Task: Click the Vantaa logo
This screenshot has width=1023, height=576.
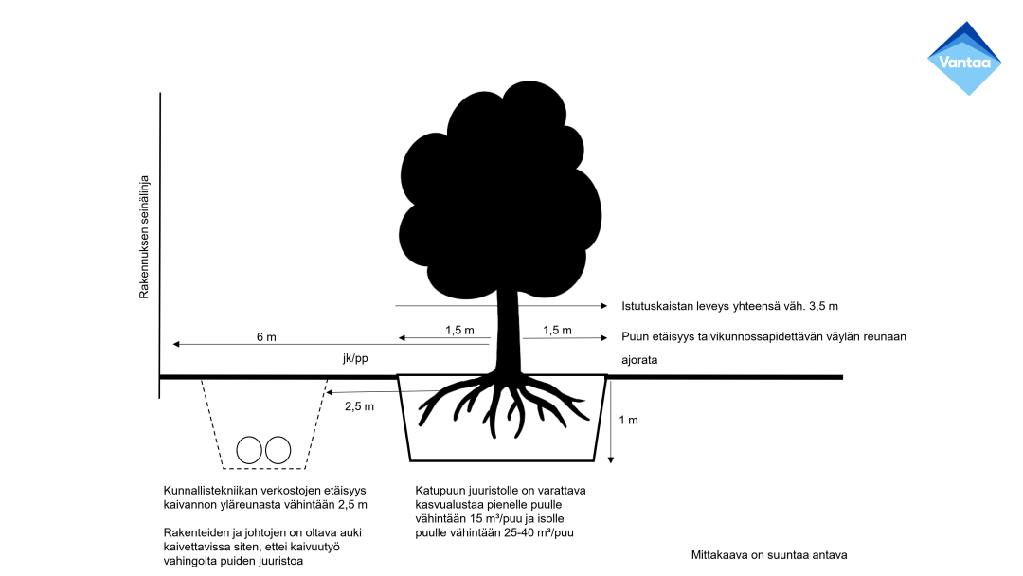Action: click(964, 58)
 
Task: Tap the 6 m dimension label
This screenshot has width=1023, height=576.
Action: click(266, 337)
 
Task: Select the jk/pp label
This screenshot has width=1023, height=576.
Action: click(356, 359)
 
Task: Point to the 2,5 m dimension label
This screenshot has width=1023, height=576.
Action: click(359, 406)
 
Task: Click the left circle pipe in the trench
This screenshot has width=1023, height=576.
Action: click(249, 450)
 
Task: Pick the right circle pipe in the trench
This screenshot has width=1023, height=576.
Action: click(278, 450)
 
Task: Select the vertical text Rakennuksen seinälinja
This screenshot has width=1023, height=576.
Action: click(145, 237)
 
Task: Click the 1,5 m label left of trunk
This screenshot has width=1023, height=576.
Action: click(459, 330)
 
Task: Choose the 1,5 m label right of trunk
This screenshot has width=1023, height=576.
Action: click(558, 330)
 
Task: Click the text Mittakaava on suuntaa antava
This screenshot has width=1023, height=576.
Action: click(769, 554)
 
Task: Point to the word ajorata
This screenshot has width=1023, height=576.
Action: click(639, 360)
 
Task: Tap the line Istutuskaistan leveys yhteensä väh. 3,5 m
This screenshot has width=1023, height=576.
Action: click(729, 306)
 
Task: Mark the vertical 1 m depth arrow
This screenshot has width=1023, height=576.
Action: click(611, 421)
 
